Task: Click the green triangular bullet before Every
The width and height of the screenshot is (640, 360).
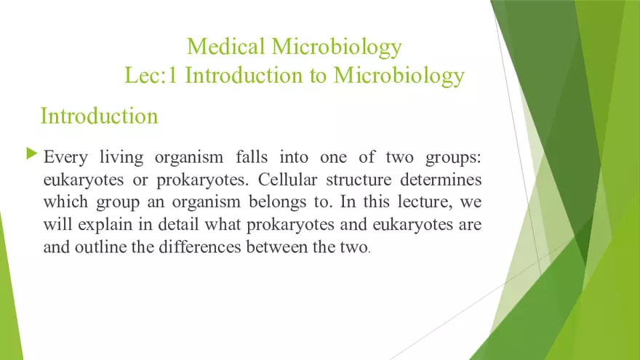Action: point(31,153)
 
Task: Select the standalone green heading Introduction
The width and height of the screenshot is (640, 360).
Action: point(99,116)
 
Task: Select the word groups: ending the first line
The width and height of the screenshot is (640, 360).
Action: point(454,157)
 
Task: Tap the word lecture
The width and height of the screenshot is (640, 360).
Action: point(406,201)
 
